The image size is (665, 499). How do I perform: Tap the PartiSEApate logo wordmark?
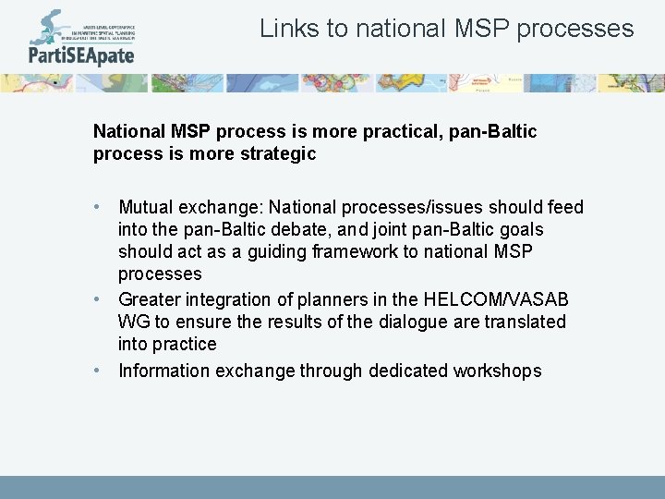pyautogui.click(x=81, y=55)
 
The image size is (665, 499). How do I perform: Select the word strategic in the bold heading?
pyautogui.click(x=274, y=154)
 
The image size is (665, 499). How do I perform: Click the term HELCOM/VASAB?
pyautogui.click(x=496, y=300)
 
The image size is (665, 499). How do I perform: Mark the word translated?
pyautogui.click(x=526, y=323)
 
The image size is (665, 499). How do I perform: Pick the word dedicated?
pyautogui.click(x=408, y=371)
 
